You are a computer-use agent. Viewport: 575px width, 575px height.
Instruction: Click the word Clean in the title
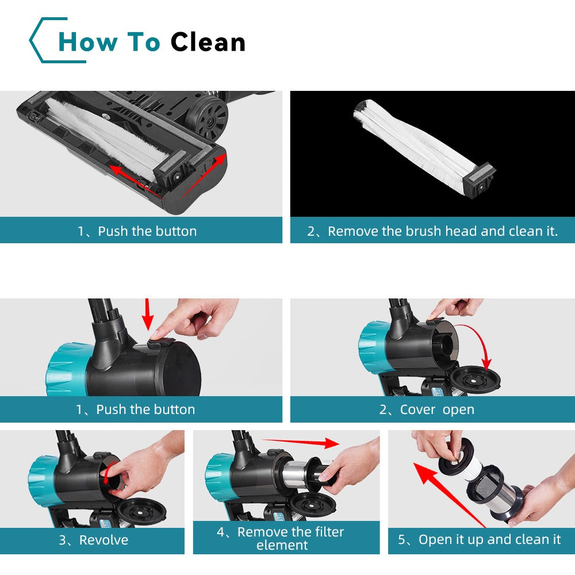[208, 42]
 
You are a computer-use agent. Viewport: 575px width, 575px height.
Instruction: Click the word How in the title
[89, 42]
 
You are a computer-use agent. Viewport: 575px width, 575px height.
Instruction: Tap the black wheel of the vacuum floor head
[207, 117]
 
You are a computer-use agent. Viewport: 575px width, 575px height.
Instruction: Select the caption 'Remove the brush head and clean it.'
[443, 231]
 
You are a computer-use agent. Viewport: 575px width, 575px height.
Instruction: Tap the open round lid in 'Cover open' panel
[474, 380]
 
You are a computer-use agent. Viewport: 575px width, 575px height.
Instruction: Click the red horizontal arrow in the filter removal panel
[300, 443]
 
